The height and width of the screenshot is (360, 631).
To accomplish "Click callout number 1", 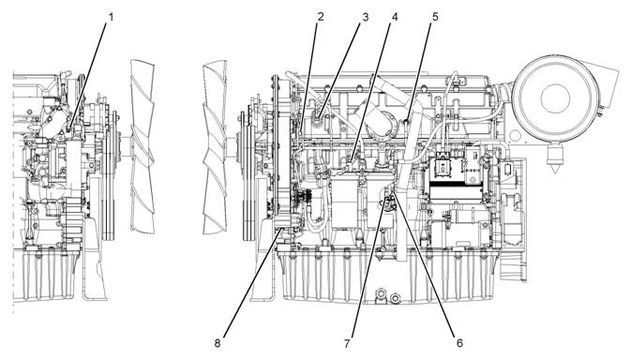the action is coord(111,17).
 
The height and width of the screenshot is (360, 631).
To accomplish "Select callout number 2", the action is coord(321,17).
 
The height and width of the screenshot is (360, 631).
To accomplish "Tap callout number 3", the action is coord(365,17).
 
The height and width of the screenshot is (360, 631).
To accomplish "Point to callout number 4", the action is coord(395,17).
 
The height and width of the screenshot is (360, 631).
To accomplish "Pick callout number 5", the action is coord(435,17).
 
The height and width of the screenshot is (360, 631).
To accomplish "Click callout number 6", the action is coord(459,343).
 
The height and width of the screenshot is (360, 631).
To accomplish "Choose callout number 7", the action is coord(347,343).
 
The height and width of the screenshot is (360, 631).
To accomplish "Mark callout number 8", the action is coord(218,343).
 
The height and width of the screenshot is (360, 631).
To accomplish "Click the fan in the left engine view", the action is coord(143,146).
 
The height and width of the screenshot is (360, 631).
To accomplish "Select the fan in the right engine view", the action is coord(215,147).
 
